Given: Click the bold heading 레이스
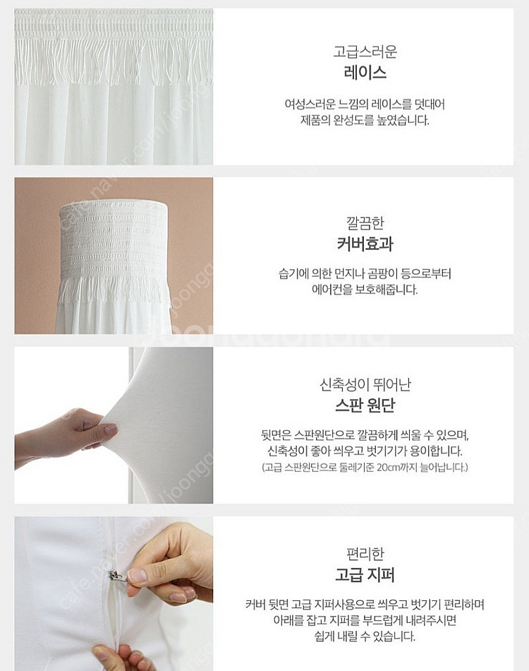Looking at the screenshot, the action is [x=365, y=72].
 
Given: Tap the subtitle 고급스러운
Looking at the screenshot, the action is [x=365, y=52].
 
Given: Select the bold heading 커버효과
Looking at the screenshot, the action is [x=365, y=244].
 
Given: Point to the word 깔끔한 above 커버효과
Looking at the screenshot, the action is [x=365, y=222].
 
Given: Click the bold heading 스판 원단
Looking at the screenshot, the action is [x=365, y=405].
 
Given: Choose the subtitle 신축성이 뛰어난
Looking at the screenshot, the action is [x=365, y=384].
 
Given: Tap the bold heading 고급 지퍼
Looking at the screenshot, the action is [x=365, y=574].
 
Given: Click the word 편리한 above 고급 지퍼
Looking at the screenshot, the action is [x=365, y=554].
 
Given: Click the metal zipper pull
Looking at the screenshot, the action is [x=116, y=576].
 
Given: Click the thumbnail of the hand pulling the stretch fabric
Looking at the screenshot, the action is [x=114, y=425].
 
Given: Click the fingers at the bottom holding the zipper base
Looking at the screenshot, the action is [x=118, y=658].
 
